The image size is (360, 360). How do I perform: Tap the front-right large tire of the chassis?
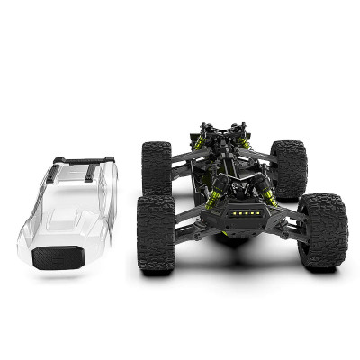(321, 232)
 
